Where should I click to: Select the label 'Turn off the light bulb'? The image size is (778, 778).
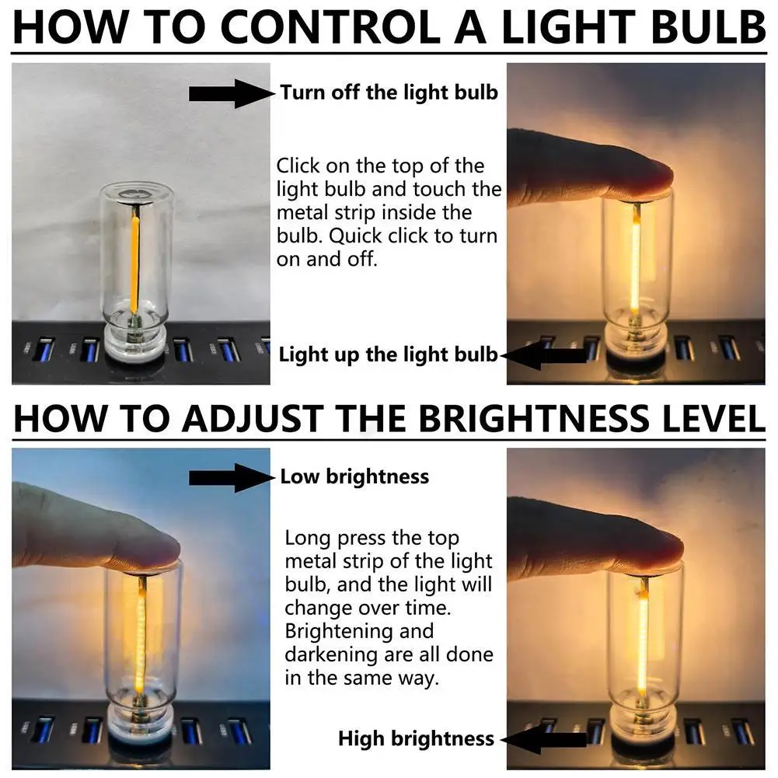pyautogui.click(x=389, y=93)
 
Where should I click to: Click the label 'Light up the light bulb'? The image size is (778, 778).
pyautogui.click(x=388, y=355)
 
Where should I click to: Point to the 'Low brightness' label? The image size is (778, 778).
pyautogui.click(x=354, y=476)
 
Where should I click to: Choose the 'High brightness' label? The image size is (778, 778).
pyautogui.click(x=416, y=738)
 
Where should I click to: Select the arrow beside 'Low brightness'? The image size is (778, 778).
pyautogui.click(x=231, y=477)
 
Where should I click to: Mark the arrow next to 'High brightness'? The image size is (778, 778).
pyautogui.click(x=539, y=739)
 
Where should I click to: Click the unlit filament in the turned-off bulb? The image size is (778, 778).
pyautogui.click(x=135, y=260)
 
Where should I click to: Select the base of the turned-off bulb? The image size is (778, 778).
pyautogui.click(x=135, y=342)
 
